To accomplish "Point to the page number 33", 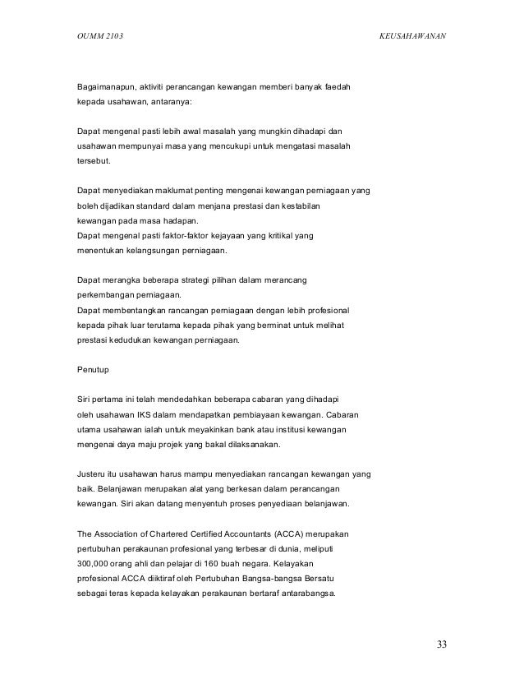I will click(x=442, y=644).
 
